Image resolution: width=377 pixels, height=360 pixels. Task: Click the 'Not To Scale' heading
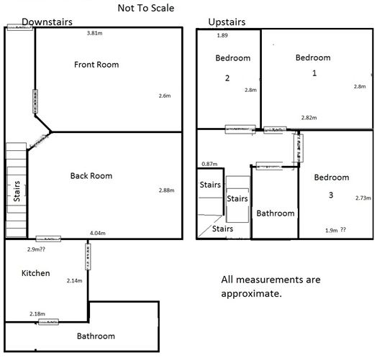(146, 9)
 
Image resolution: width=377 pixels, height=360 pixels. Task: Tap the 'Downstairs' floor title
(48, 22)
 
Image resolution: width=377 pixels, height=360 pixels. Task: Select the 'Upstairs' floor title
(227, 22)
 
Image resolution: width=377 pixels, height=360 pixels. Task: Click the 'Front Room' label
(96, 65)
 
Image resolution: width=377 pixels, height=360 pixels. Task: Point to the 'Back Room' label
(91, 175)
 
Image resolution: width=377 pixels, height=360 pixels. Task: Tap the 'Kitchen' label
(36, 274)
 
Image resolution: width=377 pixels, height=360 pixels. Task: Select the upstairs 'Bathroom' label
(276, 213)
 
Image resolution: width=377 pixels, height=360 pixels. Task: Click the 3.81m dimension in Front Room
(94, 33)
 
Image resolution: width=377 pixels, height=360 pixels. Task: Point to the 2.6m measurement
(165, 96)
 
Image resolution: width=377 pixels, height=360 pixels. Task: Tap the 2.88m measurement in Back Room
(166, 190)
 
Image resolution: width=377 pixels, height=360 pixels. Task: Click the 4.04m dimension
(99, 233)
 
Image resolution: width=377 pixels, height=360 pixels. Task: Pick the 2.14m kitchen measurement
(74, 280)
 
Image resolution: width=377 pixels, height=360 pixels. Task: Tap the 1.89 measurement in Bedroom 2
(223, 35)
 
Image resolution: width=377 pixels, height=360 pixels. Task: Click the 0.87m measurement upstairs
(210, 164)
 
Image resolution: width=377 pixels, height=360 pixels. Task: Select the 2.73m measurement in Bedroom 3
(363, 198)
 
